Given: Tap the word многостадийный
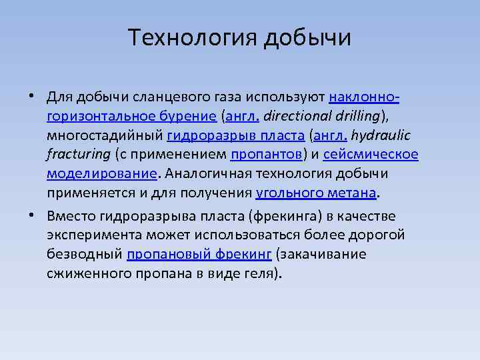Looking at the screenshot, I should tap(105, 136).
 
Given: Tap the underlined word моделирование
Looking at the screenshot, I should tap(102, 175).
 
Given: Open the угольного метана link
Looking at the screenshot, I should tap(316, 194).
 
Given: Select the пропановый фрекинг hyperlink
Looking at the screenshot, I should tap(199, 255).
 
